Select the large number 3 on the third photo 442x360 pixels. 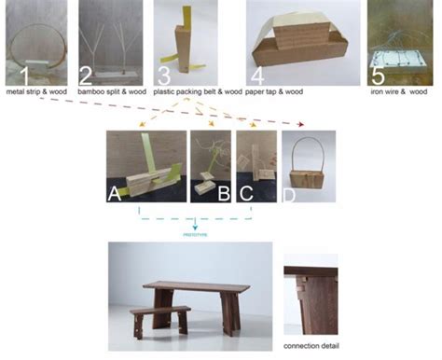(x=164, y=75)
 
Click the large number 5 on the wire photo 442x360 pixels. (x=380, y=75)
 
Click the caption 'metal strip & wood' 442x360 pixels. (x=40, y=96)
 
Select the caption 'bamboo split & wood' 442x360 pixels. (x=111, y=96)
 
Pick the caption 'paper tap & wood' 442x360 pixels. (x=289, y=96)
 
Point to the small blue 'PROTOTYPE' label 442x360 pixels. (x=196, y=236)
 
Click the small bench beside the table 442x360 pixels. (x=159, y=315)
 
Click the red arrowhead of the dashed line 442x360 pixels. (x=301, y=124)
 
